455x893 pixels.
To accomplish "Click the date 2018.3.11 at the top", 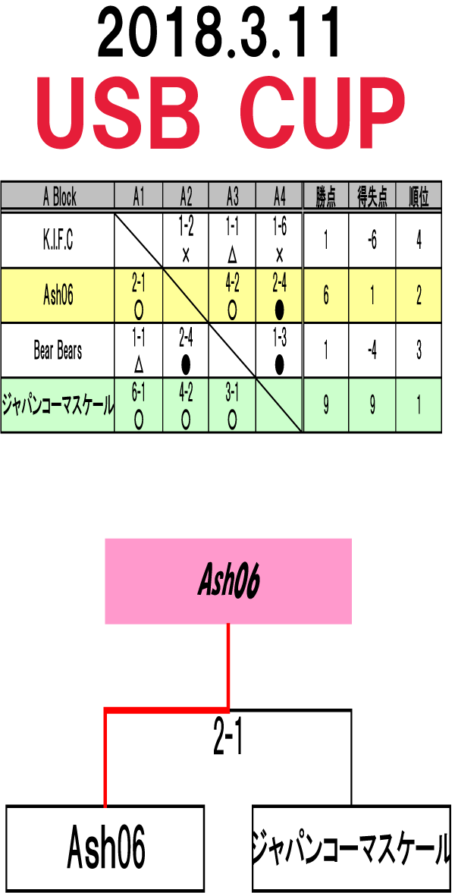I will pos(219,36).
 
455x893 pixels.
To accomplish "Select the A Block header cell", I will pos(58,197).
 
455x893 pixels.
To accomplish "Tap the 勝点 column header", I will pos(326,198).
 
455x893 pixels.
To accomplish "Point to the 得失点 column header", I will pos(372,198).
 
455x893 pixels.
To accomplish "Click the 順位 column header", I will pos(419,198).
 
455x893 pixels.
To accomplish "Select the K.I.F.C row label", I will pos(58,241).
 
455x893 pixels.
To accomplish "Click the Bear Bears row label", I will pos(58,351).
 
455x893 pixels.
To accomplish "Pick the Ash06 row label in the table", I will pos(58,295).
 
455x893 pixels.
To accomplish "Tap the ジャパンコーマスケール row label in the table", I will pos(58,405).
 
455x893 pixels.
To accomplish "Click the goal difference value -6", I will pos(372,241).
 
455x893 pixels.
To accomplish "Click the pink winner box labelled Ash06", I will pos(228,581).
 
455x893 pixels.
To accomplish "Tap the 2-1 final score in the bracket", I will pos(228,740).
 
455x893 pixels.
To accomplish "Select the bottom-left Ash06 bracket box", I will pos(105,847).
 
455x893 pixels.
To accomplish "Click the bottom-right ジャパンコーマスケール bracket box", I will pos(350,847).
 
